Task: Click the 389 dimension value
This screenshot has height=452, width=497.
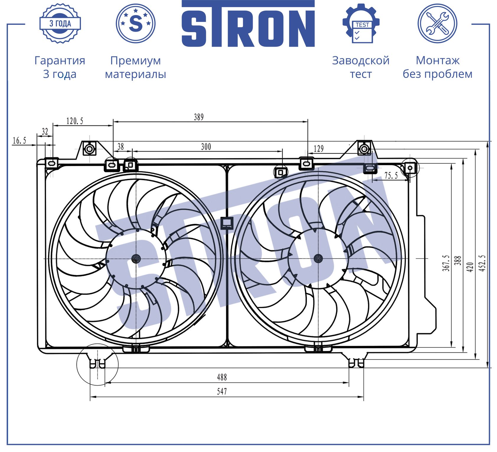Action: click(x=199, y=117)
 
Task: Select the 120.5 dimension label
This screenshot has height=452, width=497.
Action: click(x=75, y=121)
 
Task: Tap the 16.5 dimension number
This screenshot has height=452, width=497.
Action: click(x=19, y=141)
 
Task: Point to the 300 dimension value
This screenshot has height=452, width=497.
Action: click(x=206, y=147)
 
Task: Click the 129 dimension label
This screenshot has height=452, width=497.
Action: click(x=318, y=149)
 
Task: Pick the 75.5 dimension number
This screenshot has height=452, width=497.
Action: click(x=391, y=176)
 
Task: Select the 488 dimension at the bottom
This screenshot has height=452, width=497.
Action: click(x=222, y=377)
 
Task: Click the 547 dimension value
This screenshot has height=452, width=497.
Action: click(x=222, y=392)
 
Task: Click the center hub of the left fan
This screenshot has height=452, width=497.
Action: click(x=136, y=258)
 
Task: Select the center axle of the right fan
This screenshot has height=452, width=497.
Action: click(x=318, y=259)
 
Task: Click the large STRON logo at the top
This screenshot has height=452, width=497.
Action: click(x=248, y=24)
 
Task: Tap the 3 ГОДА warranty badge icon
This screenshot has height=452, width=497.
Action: click(x=60, y=23)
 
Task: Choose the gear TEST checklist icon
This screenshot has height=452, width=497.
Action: click(x=361, y=23)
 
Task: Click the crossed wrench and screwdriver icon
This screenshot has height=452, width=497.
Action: click(x=437, y=23)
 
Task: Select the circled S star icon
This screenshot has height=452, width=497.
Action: click(x=136, y=23)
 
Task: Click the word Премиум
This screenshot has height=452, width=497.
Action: click(x=136, y=61)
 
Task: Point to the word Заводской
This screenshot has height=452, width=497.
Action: click(x=361, y=61)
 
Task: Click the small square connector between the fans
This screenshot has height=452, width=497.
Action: click(x=227, y=223)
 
